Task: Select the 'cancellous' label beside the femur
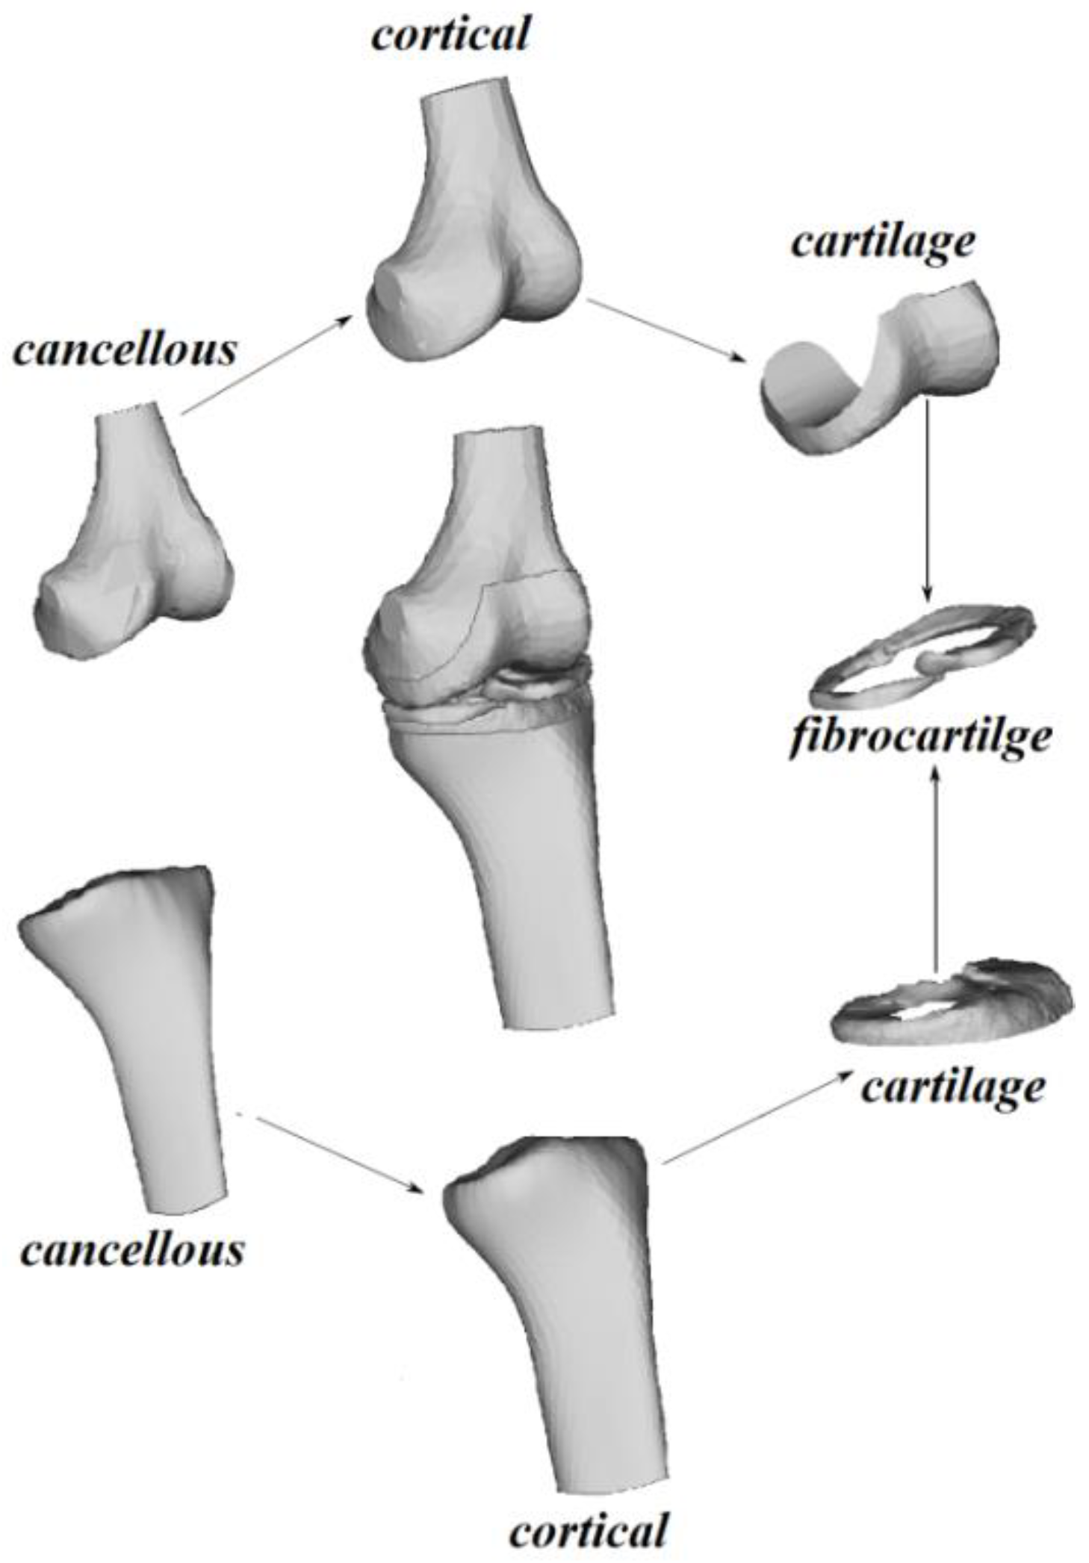tap(125, 350)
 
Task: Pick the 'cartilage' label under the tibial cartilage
tap(952, 1088)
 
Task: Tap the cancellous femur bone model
tap(134, 538)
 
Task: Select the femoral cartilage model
tap(881, 373)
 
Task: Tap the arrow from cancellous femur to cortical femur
tap(265, 364)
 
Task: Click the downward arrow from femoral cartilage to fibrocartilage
tap(927, 500)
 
